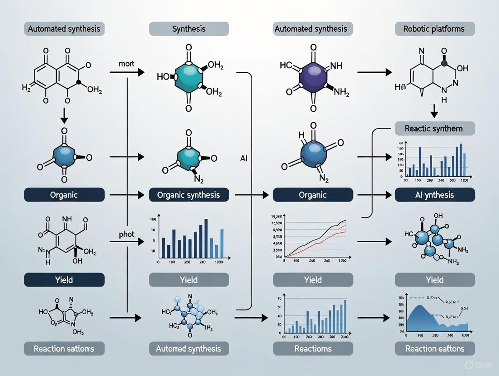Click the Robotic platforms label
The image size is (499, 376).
(435, 29)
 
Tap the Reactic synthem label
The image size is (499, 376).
(435, 128)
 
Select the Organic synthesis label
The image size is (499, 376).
(188, 195)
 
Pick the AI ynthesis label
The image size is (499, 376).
(435, 195)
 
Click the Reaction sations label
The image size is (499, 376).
(64, 348)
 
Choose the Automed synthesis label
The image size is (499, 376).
(188, 348)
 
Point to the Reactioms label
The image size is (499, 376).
(312, 348)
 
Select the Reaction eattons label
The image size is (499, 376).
(435, 348)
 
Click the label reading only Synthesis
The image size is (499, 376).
(188, 29)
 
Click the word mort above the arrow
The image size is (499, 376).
(127, 64)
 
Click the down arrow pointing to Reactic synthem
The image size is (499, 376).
(434, 111)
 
